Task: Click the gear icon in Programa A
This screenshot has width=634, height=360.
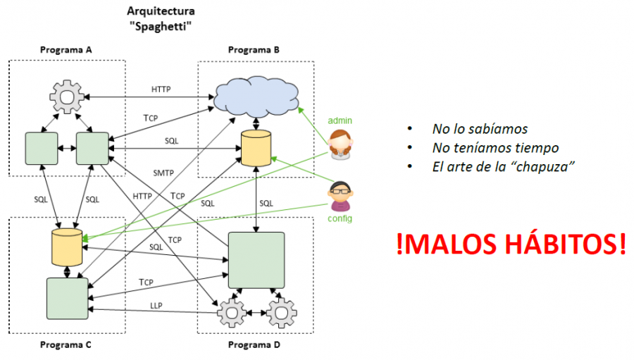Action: tap(67, 97)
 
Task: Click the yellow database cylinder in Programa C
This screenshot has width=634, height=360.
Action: tap(66, 247)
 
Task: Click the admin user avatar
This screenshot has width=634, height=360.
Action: tap(341, 144)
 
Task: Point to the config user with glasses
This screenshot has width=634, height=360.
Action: tap(341, 197)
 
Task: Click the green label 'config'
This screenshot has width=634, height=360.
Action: tap(340, 219)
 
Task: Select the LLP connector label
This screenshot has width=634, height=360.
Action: tap(156, 305)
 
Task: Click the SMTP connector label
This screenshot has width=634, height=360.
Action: tap(163, 172)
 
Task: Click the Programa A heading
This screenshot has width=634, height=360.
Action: tap(66, 50)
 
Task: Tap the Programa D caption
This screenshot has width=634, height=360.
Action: tap(254, 345)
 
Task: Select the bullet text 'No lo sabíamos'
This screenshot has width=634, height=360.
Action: tap(480, 129)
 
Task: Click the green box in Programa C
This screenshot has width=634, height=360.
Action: tap(68, 298)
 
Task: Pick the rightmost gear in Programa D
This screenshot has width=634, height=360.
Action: tap(282, 311)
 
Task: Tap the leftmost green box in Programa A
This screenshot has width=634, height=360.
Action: tap(41, 148)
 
